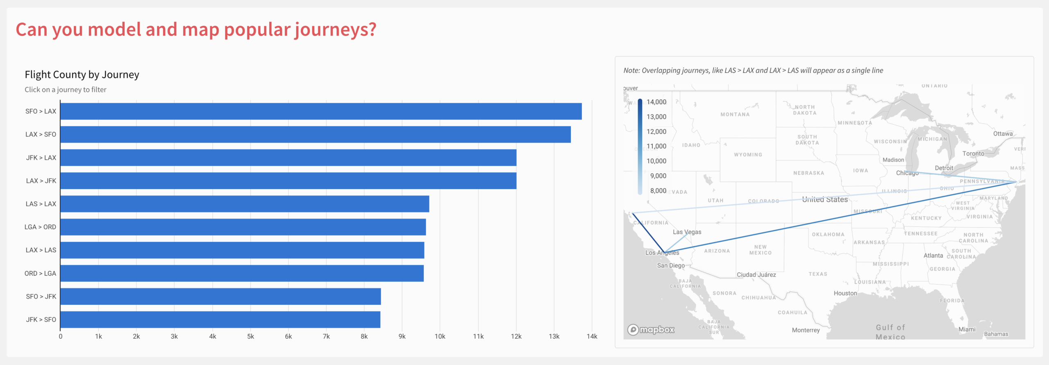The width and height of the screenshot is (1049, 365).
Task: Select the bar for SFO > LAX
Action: coord(321,111)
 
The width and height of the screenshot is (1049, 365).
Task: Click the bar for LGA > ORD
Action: coord(243,227)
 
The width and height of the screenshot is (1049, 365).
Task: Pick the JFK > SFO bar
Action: coord(220,319)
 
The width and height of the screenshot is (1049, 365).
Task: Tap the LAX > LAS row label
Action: coord(41,250)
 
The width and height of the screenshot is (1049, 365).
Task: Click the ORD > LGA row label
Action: coord(40,273)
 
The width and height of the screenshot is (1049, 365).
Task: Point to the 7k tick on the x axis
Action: coord(326,336)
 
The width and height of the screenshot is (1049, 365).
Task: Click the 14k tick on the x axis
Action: coord(592,336)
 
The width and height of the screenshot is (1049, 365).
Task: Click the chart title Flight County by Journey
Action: coord(82,75)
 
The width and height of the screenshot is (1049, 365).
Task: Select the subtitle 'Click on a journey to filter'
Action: coord(66,89)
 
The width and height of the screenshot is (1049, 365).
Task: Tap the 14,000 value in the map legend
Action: coord(656,102)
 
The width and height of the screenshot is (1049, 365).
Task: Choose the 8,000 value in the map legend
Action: coord(658,191)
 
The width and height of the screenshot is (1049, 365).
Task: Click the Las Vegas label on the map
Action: coord(687,232)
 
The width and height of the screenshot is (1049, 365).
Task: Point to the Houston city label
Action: coord(845,293)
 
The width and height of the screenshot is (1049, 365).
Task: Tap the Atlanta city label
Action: coord(933,255)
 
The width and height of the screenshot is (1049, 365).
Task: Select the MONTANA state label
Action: coord(735,114)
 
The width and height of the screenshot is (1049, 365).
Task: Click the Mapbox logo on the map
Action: coord(651,329)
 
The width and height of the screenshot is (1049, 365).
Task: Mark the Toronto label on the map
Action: coord(973,153)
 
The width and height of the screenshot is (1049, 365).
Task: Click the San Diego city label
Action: coord(671,265)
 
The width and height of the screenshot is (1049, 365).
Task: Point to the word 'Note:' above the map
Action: coord(631,71)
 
